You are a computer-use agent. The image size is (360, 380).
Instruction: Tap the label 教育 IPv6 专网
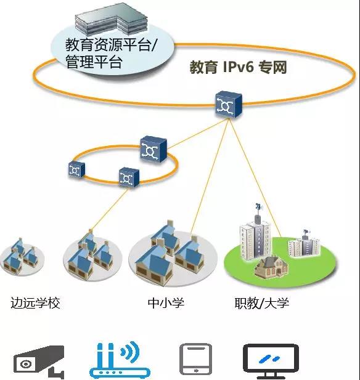238,67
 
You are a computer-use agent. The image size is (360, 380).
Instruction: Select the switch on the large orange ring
229,105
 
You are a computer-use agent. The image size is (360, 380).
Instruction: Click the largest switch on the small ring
153,149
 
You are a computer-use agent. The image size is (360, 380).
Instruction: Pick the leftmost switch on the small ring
76,169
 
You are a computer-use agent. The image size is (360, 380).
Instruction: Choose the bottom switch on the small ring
129,177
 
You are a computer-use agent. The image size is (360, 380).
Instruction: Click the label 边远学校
35,303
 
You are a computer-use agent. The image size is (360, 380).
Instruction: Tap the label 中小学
166,303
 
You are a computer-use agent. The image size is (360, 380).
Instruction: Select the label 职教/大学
262,303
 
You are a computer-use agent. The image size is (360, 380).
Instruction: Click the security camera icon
39,362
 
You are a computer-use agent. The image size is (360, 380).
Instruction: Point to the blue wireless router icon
120,360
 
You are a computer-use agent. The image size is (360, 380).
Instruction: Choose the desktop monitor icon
271,361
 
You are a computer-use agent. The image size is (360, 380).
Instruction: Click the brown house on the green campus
271,267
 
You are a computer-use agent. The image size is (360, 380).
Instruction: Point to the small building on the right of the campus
304,245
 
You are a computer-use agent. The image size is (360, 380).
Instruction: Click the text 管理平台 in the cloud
94,62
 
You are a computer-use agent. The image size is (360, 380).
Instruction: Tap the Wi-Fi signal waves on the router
130,352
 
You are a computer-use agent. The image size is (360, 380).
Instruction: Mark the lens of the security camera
26,364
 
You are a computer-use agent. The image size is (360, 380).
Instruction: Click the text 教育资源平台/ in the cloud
112,44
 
